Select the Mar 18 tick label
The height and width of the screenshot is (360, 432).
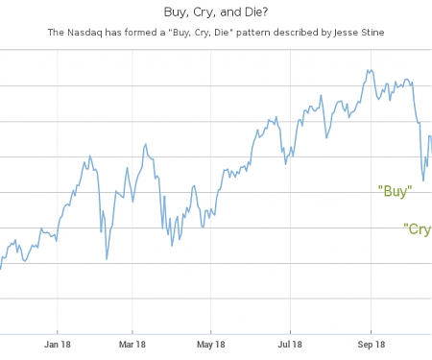(x=132, y=344)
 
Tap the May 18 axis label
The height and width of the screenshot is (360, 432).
(x=210, y=344)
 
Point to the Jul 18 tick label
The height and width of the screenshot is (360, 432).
(x=290, y=344)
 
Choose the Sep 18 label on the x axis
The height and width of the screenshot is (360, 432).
(x=371, y=344)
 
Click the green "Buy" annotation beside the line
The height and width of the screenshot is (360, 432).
(x=395, y=191)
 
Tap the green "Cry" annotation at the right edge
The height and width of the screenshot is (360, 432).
(x=418, y=228)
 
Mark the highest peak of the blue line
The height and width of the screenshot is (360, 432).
(x=370, y=69)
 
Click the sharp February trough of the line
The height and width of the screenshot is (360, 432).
(x=107, y=259)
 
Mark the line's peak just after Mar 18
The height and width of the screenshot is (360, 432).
(x=145, y=144)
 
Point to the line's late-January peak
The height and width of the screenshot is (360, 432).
(x=90, y=155)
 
